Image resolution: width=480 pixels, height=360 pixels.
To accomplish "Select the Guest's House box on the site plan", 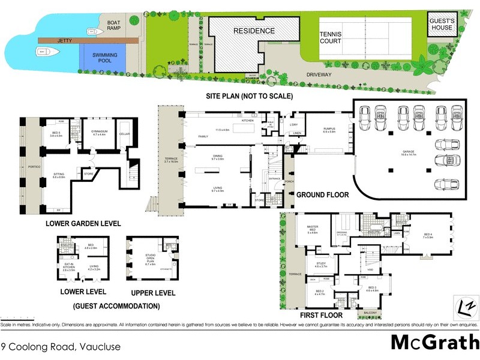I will pos(441,24).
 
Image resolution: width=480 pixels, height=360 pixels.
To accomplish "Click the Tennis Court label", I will pos(330,38).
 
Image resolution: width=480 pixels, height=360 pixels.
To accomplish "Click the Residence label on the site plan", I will pos(254,31).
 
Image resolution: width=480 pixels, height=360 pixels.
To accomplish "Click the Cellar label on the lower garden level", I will pos(125,134).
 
